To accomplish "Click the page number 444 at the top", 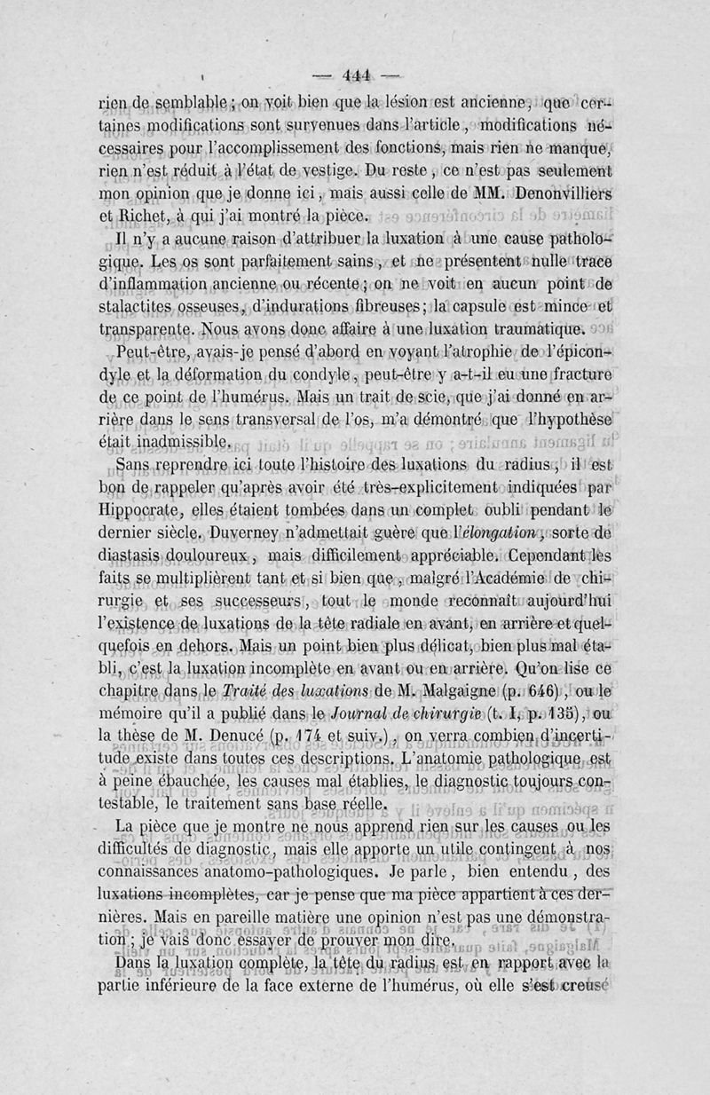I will [355, 75].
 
